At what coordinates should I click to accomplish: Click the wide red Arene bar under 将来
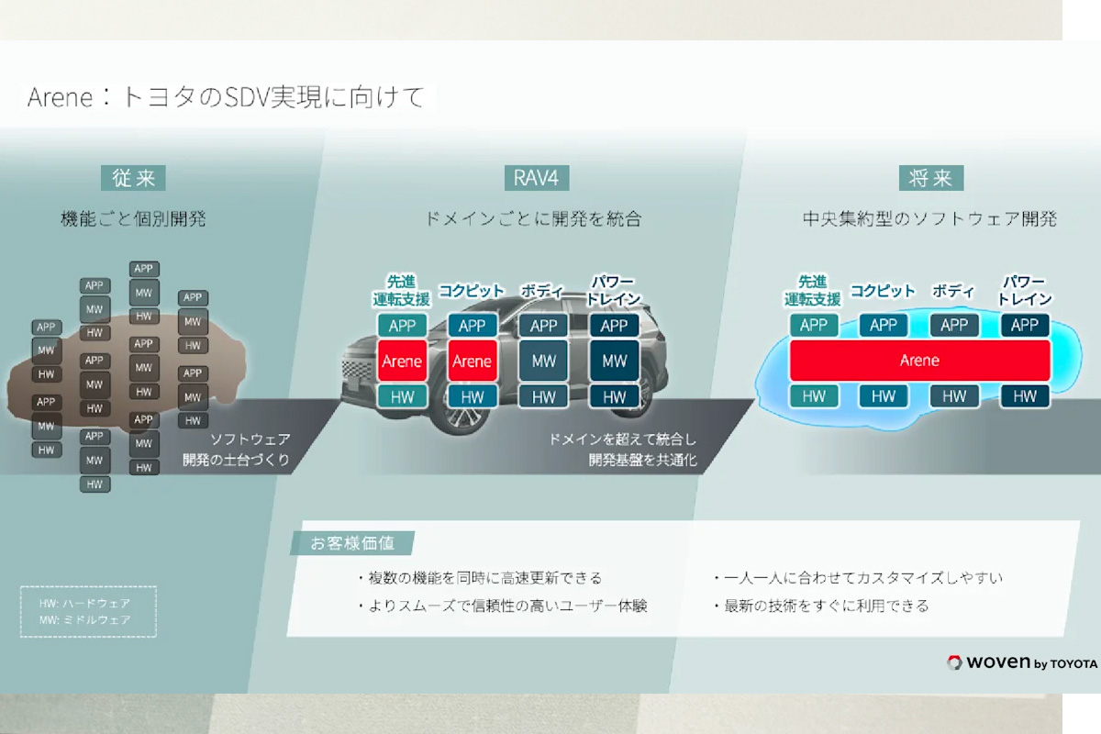pyautogui.click(x=919, y=361)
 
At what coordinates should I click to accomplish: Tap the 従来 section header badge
pyautogui.click(x=133, y=178)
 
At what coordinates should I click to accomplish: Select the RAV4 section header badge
pyautogui.click(x=531, y=178)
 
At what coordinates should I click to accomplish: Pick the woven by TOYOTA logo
pyautogui.click(x=1021, y=662)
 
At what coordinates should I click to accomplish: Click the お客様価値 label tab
pyautogui.click(x=352, y=543)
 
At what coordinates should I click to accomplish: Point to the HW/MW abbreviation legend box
pyautogui.click(x=88, y=612)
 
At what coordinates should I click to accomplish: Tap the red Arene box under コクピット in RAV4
pyautogui.click(x=473, y=361)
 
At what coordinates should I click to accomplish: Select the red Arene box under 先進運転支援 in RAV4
pyautogui.click(x=402, y=361)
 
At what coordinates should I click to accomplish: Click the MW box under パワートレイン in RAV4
pyautogui.click(x=615, y=361)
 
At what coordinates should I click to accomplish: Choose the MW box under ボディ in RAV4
pyautogui.click(x=544, y=361)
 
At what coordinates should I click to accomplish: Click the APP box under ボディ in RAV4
pyautogui.click(x=544, y=326)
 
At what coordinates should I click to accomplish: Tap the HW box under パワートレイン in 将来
pyautogui.click(x=1025, y=396)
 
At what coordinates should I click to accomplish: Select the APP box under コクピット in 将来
pyautogui.click(x=884, y=325)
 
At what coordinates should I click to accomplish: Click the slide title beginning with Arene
pyautogui.click(x=226, y=97)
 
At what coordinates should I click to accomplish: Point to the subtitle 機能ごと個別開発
pyautogui.click(x=133, y=219)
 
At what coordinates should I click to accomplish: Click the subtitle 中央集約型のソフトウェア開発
pyautogui.click(x=929, y=219)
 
